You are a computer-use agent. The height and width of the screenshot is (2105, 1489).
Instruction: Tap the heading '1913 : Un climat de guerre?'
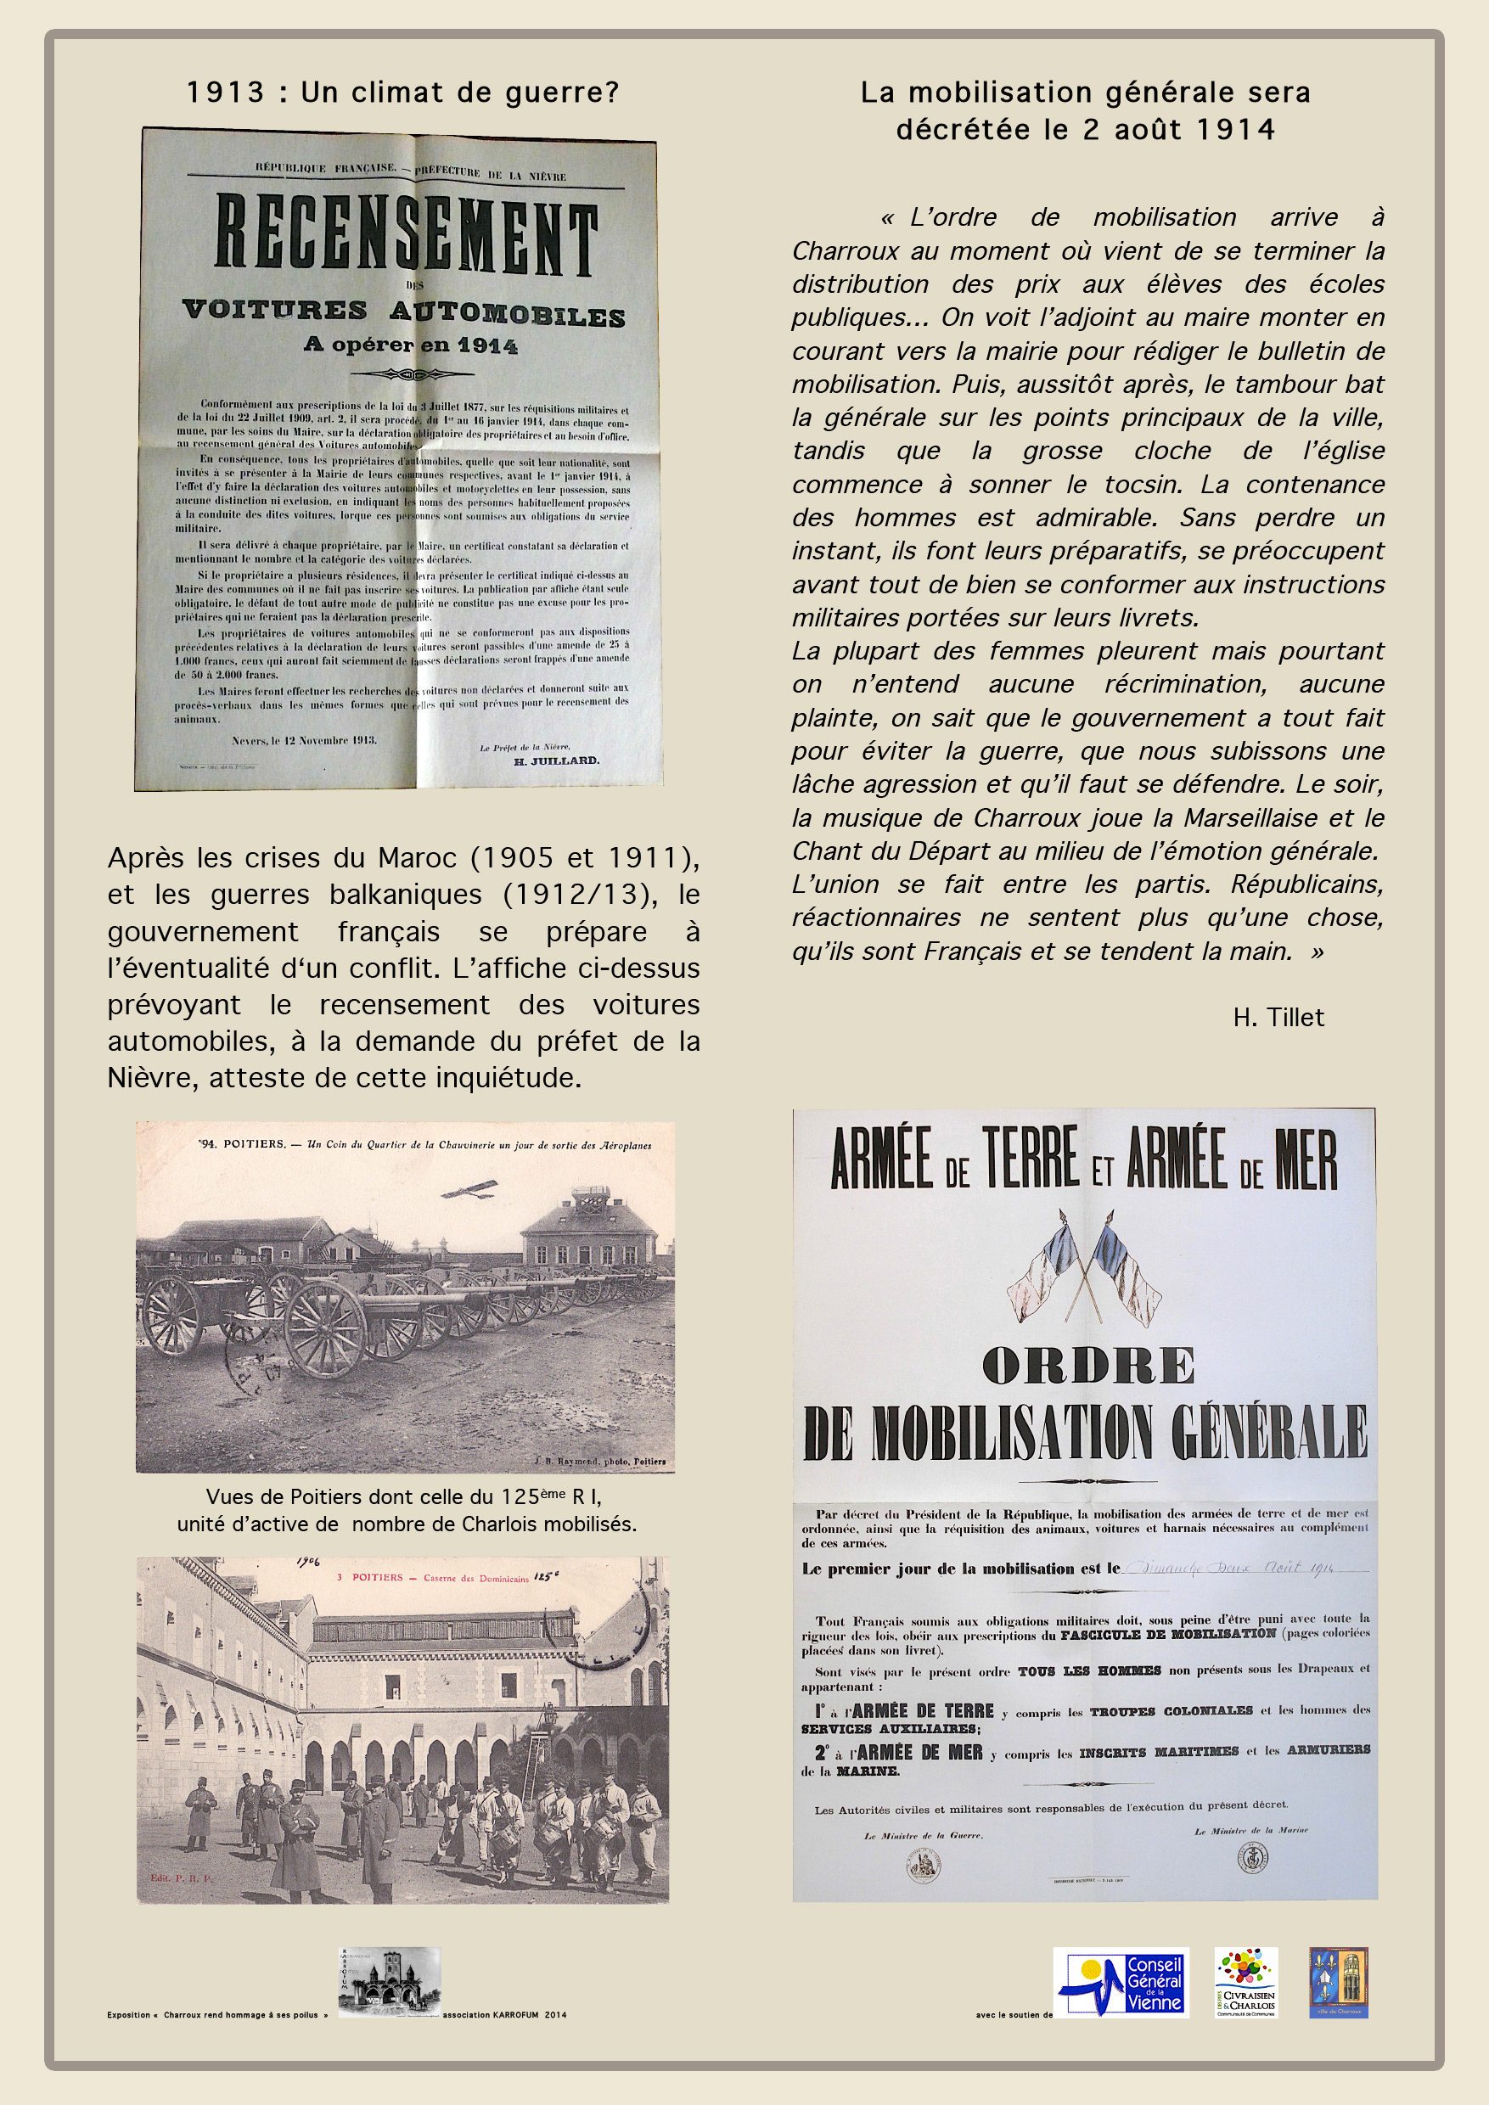[x=402, y=93]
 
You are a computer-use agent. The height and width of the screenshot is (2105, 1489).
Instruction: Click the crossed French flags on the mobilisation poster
[x=1084, y=1266]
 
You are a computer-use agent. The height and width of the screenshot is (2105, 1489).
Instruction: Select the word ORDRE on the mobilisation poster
[x=1087, y=1365]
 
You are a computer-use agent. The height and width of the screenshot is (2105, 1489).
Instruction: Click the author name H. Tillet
[x=1278, y=1018]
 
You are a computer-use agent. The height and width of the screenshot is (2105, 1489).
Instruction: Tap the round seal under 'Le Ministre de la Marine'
[x=1252, y=1857]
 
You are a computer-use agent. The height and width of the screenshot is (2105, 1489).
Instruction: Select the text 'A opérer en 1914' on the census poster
[x=411, y=345]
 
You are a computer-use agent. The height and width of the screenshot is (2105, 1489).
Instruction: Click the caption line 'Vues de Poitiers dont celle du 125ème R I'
[x=403, y=1497]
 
